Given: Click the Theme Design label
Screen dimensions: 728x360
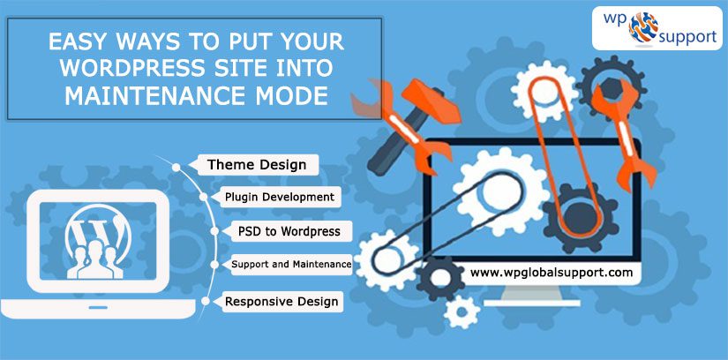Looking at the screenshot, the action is tap(257, 165).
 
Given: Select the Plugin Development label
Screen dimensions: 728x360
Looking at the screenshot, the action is tap(280, 197).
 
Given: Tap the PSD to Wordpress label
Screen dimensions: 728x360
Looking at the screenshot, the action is tap(289, 231).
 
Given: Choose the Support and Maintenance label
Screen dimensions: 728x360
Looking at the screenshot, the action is tap(291, 265).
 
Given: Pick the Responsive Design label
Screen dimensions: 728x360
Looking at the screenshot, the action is tap(281, 302).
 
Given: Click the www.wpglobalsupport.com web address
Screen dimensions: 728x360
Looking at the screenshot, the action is tap(552, 273).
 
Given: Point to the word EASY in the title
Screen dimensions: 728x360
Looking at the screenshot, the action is tap(79, 42).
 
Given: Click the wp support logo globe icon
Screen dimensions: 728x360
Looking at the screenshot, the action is tap(643, 27).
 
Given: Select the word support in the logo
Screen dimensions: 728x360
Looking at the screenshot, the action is tap(687, 36).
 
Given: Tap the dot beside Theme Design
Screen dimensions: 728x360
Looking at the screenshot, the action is tap(176, 168).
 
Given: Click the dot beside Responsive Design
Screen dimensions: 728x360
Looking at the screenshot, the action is tap(206, 302).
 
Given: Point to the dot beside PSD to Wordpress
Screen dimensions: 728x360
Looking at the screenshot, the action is tap(214, 231).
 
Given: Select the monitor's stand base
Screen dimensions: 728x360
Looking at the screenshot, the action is tap(532, 303).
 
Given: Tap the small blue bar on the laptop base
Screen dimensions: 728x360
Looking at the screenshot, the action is tap(98, 307).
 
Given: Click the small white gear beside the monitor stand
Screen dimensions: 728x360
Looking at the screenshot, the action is tap(461, 311).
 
